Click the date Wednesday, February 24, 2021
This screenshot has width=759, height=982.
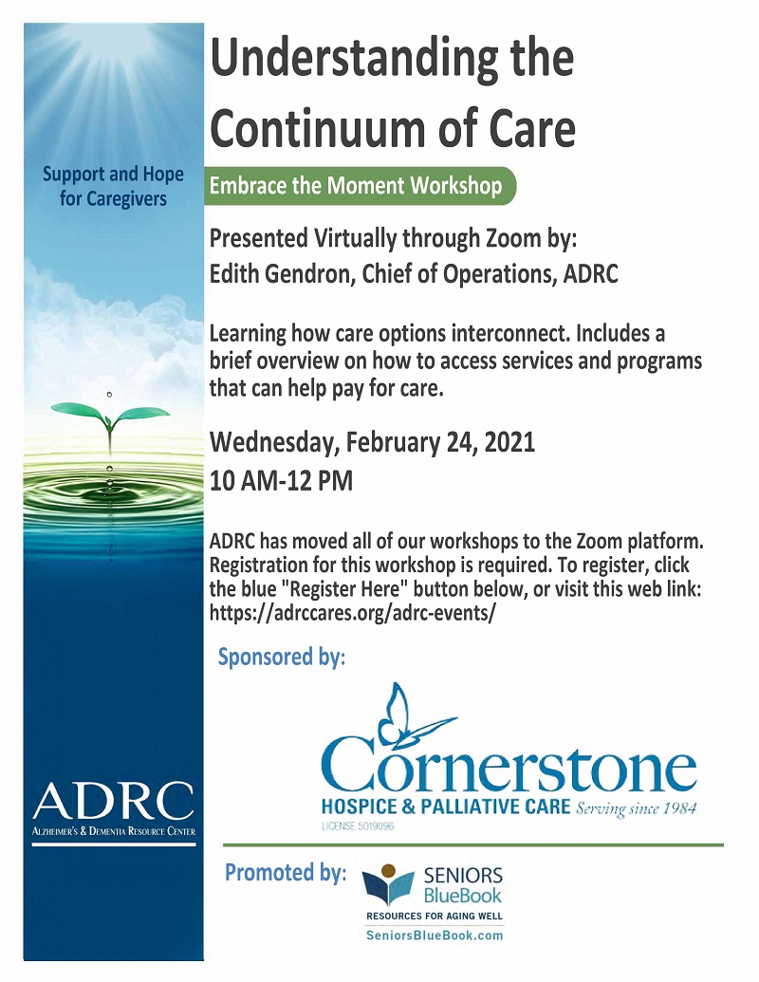coord(372,441)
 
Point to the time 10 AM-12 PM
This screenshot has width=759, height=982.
coord(281,480)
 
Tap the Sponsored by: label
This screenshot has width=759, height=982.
coord(282,657)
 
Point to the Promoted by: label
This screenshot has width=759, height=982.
coord(286,873)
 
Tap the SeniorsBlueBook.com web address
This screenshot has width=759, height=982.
coord(434,935)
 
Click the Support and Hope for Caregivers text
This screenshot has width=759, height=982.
coord(112,187)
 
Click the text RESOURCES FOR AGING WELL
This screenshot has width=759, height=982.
coord(434,917)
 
